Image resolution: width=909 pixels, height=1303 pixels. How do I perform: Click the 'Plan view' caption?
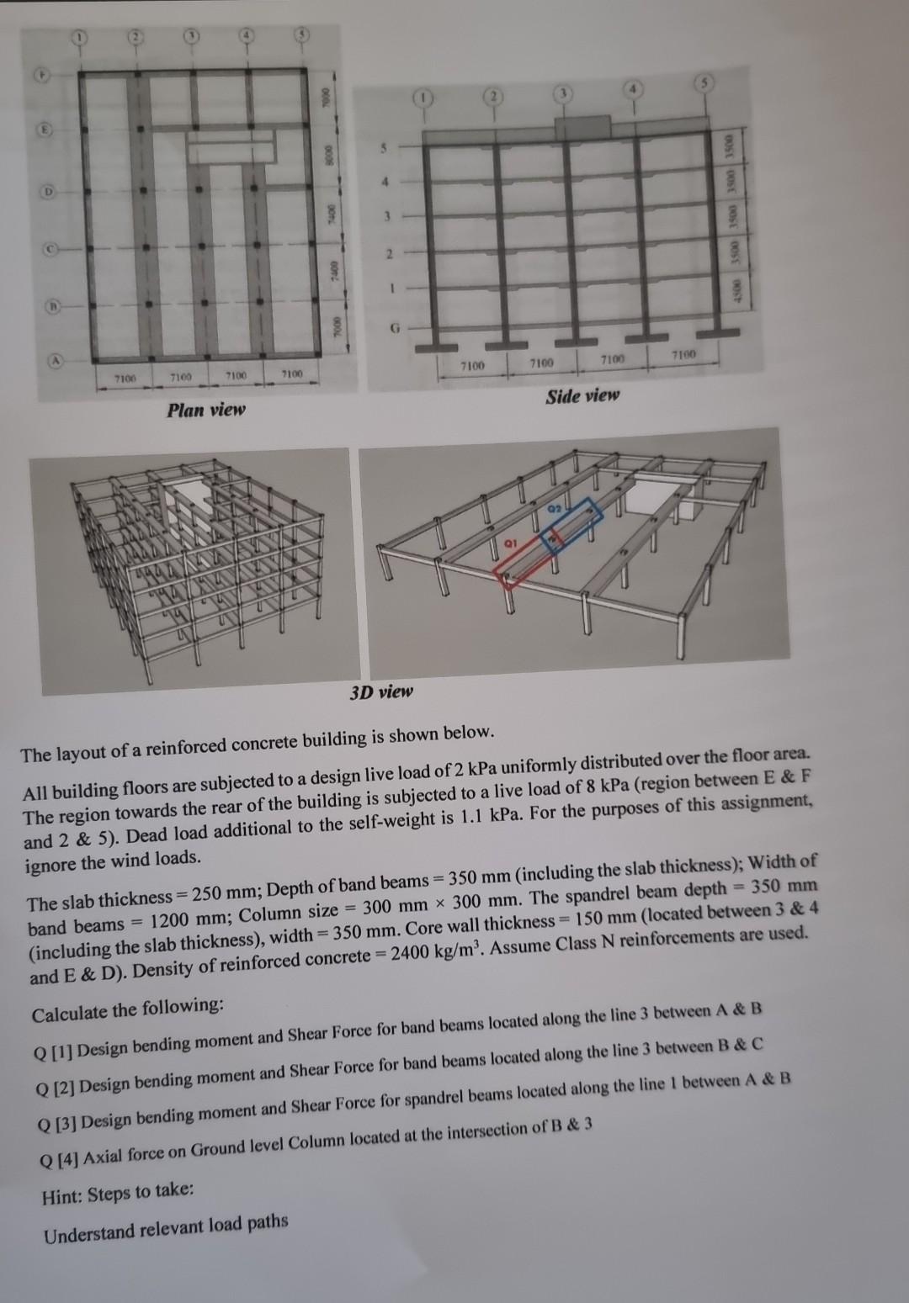205,410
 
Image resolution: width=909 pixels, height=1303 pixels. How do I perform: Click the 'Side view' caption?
582,395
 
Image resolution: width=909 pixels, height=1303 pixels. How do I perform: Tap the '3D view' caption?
381,692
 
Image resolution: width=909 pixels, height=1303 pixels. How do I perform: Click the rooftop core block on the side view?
583,126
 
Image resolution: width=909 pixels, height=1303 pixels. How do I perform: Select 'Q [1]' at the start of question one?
52,1051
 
